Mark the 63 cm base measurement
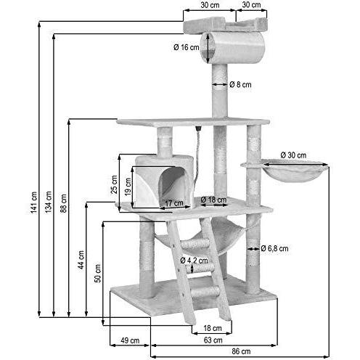212,339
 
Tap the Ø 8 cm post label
241,84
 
